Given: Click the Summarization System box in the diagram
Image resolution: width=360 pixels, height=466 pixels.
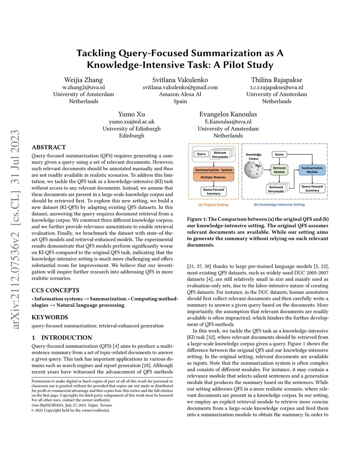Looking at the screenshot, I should [214, 170].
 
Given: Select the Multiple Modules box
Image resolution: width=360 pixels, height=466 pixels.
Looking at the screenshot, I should [213, 177].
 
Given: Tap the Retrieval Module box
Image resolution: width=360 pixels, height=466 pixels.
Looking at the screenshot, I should [279, 170].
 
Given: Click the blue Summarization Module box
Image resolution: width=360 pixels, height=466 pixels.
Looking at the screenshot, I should [312, 170].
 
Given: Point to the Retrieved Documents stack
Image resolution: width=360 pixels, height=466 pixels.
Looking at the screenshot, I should [277, 189].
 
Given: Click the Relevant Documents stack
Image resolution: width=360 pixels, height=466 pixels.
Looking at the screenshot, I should [220, 154].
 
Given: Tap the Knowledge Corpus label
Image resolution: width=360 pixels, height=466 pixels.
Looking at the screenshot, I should [253, 157].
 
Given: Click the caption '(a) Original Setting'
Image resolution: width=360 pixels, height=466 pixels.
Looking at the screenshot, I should [213, 205].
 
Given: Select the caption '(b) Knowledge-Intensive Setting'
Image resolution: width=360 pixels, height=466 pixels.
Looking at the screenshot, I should [279, 205].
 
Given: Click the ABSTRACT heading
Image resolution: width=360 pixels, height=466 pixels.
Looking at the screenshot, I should [49, 147].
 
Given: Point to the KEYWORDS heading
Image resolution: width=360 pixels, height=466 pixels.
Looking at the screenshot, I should [50, 317].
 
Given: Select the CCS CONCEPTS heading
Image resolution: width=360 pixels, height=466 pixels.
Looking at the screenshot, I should [55, 291].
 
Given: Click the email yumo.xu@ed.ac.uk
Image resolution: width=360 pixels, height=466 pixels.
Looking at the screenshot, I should [131, 122].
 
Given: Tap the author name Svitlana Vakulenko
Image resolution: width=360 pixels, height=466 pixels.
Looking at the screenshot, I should [180, 80].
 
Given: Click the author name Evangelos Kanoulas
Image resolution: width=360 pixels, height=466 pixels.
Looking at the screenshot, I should [228, 114].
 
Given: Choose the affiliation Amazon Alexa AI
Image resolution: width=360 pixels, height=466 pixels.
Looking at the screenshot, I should [180, 94].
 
